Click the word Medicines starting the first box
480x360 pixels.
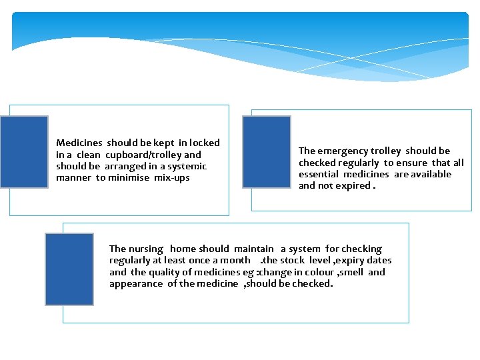pos(79,143)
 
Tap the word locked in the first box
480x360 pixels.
pos(204,143)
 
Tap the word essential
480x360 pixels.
pos(319,175)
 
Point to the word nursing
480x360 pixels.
pos(145,249)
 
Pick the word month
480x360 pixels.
pos(236,261)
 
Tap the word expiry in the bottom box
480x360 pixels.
pos(345,261)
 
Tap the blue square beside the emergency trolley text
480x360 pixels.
pos(267,152)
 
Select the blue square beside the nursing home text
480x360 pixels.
pos(69,269)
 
